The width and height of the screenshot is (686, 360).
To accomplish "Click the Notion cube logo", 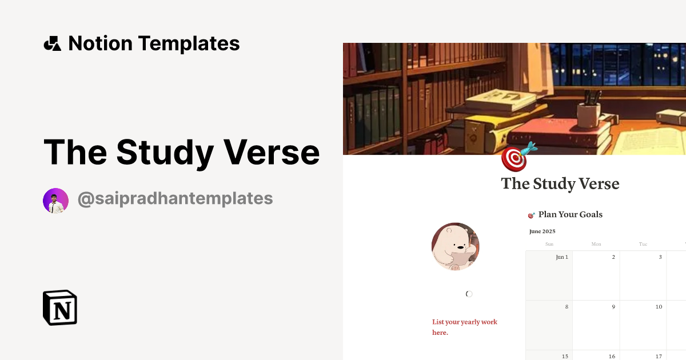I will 60,307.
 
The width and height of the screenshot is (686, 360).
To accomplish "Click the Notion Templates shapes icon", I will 52,43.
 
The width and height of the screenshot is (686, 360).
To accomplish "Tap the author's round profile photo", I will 55,201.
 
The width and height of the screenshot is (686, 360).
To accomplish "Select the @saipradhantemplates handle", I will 175,199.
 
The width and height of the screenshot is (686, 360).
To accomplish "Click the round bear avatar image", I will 455,246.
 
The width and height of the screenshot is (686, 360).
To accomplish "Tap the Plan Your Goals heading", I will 570,215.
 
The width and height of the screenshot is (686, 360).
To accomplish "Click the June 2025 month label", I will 542,231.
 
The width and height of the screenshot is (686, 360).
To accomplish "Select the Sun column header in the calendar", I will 549,244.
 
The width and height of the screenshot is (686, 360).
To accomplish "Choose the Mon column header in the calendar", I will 596,244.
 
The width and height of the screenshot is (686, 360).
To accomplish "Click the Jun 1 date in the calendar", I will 562,257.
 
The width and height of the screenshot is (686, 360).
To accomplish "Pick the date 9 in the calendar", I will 613,307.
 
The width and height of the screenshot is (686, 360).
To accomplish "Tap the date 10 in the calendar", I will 659,307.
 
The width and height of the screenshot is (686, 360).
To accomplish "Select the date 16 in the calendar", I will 612,357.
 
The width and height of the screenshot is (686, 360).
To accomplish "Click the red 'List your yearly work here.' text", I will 464,327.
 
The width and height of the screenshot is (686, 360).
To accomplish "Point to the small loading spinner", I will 469,294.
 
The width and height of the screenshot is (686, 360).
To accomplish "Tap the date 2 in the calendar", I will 613,257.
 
